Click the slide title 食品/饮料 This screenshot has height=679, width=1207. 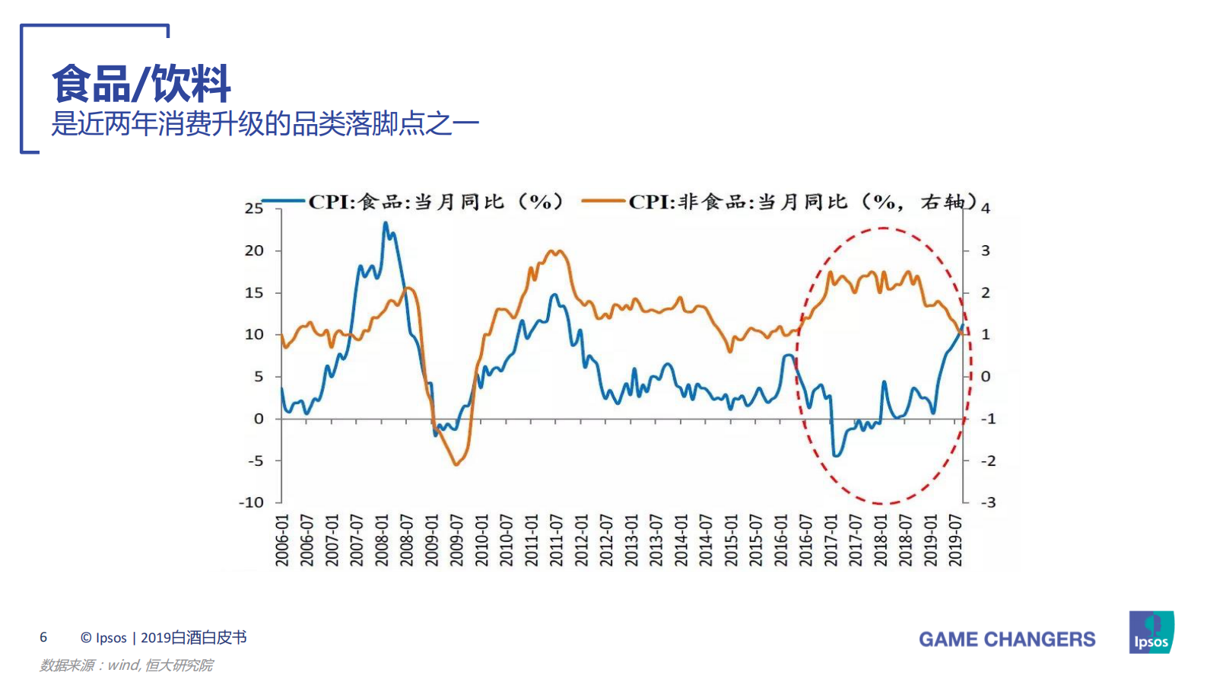pyautogui.click(x=141, y=84)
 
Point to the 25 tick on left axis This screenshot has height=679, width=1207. pyautogui.click(x=254, y=208)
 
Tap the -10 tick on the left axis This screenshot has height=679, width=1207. pyautogui.click(x=252, y=502)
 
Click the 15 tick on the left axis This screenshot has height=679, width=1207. pyautogui.click(x=254, y=292)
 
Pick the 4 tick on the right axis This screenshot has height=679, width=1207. pyautogui.click(x=986, y=209)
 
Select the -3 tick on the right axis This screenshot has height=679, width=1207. pyautogui.click(x=987, y=502)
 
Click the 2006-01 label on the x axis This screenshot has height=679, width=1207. pyautogui.click(x=282, y=540)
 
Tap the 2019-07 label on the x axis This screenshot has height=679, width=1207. pyautogui.click(x=955, y=540)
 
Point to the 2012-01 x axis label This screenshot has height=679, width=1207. pyautogui.click(x=581, y=540)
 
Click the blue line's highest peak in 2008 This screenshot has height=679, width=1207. pyautogui.click(x=386, y=223)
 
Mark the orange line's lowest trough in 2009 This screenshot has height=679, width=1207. pyautogui.click(x=456, y=464)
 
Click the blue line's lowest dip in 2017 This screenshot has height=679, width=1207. pyautogui.click(x=836, y=455)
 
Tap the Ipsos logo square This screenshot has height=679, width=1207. pyautogui.click(x=1151, y=632)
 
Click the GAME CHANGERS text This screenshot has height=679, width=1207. pyautogui.click(x=1007, y=639)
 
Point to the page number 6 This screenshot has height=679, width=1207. pyautogui.click(x=43, y=638)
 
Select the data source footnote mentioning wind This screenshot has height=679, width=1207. pyautogui.click(x=126, y=665)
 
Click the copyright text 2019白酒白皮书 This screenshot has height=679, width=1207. pyautogui.click(x=194, y=638)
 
